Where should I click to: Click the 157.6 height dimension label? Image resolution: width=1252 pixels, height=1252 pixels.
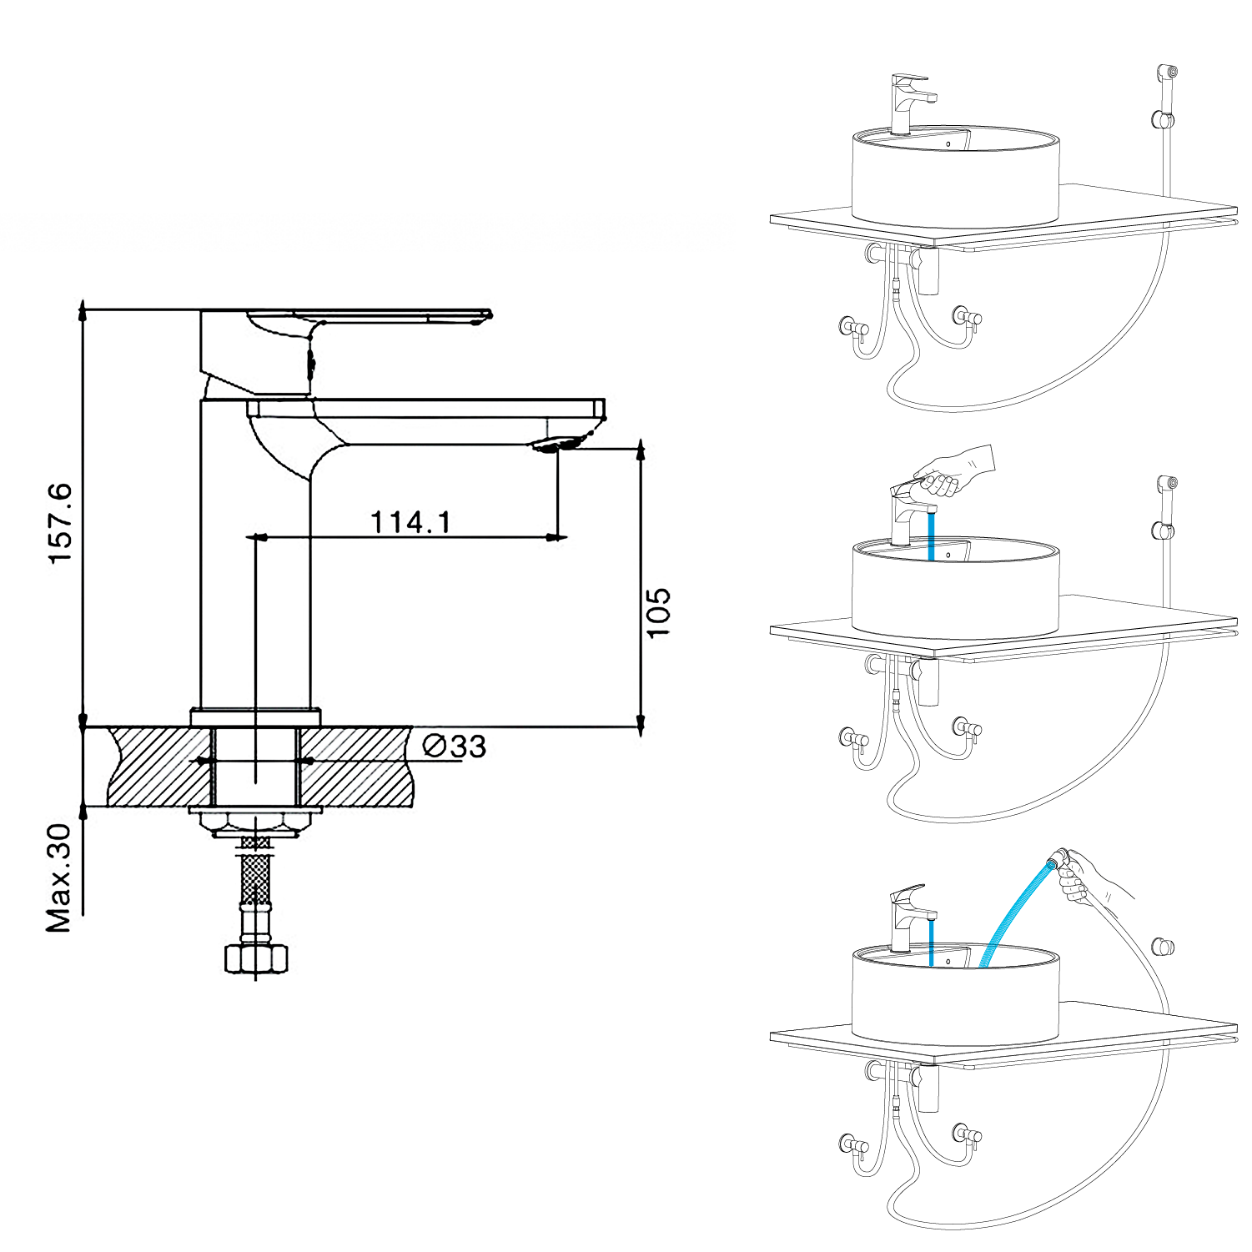pos(61,523)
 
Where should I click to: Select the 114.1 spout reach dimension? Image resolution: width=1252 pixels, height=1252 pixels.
pos(410,522)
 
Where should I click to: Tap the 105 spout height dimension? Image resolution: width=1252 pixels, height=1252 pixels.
pos(658,612)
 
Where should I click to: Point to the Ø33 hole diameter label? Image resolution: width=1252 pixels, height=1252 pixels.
pos(455,746)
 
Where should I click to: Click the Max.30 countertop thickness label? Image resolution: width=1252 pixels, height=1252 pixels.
pos(60,878)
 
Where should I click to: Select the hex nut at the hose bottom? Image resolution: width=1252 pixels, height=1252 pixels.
pos(256,958)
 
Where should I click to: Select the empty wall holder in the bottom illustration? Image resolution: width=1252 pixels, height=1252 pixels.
pos(1164,947)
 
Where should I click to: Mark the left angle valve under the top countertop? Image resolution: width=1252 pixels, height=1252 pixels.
pos(852,328)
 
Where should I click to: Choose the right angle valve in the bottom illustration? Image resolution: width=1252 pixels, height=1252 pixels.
pos(967,1135)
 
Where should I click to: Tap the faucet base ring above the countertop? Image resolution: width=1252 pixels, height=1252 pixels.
pos(255,717)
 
